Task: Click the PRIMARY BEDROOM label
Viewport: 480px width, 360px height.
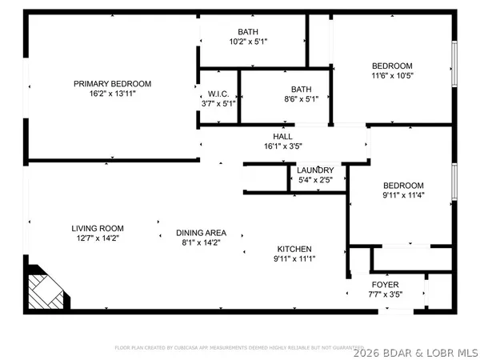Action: pos(113,83)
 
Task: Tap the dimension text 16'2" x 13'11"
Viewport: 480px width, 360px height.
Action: pos(113,93)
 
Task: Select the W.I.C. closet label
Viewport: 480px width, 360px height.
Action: pos(218,93)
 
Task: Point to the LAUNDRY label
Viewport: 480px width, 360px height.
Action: pos(314,170)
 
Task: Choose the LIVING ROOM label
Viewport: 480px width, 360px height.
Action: pos(97,228)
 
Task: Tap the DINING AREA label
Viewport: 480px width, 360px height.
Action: pos(198,233)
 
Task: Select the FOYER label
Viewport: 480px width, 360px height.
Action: pos(386,285)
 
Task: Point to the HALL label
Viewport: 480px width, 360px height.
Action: pos(282,137)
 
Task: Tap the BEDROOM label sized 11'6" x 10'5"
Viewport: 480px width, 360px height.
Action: pos(392,66)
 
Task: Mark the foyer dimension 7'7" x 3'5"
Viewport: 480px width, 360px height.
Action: pos(386,294)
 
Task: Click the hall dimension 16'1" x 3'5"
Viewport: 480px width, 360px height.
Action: pos(282,146)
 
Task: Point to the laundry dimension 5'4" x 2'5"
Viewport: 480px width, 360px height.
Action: pos(314,180)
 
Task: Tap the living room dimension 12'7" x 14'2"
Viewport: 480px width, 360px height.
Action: pos(97,238)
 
